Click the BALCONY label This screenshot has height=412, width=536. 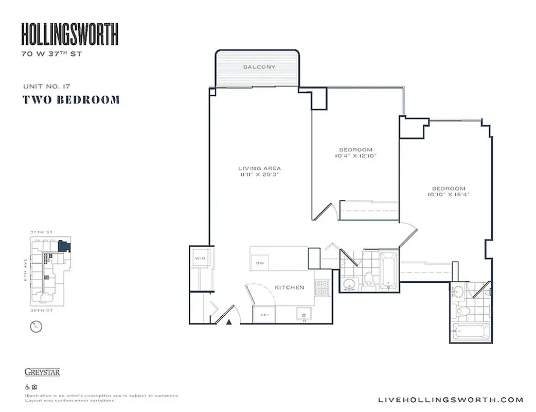coord(259,67)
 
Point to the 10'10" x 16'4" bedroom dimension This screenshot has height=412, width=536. coord(449,194)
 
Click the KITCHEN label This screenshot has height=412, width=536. coord(289,287)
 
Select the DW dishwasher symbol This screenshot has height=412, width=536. coord(260,263)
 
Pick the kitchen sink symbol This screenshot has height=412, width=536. coord(303,314)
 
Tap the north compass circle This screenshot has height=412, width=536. coord(35,327)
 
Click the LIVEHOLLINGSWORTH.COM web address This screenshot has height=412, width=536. coord(450,400)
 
